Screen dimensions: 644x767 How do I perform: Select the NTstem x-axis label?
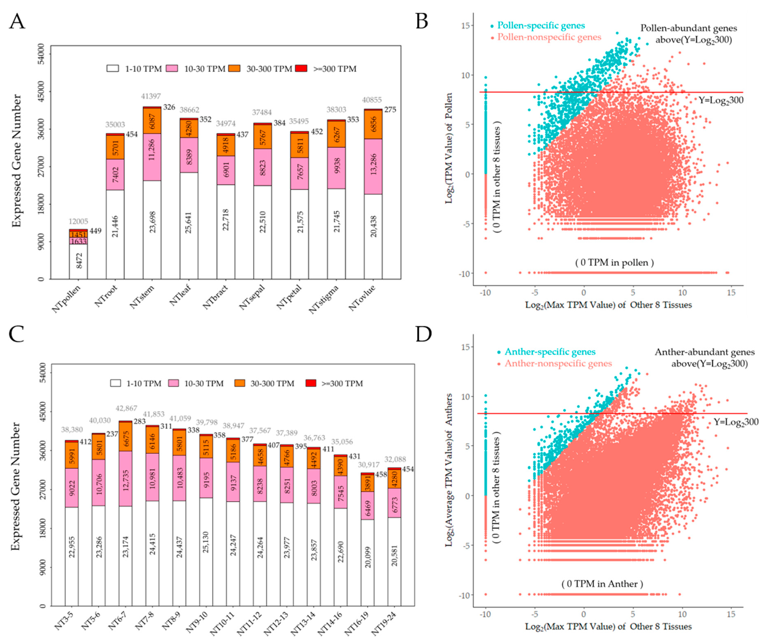click(142, 297)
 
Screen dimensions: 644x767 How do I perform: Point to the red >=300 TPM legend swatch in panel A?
click(301, 68)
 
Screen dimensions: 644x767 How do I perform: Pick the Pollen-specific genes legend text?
click(541, 26)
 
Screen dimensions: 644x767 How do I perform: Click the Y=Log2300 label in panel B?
click(721, 100)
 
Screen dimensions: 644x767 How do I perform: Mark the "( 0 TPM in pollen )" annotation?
click(614, 263)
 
